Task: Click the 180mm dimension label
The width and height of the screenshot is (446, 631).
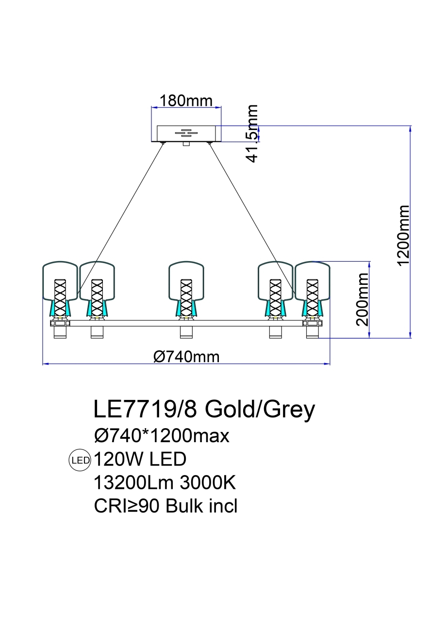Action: point(186,101)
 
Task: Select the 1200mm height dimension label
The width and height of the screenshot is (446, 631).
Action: point(403,235)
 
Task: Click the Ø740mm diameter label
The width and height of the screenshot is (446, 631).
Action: point(186,357)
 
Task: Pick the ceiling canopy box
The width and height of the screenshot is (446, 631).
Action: point(186,133)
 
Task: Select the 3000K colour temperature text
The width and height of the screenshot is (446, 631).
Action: point(208,483)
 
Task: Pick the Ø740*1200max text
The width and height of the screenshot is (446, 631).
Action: point(161,436)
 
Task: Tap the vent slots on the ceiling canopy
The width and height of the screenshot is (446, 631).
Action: point(186,132)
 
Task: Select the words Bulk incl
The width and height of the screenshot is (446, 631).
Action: point(201,506)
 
